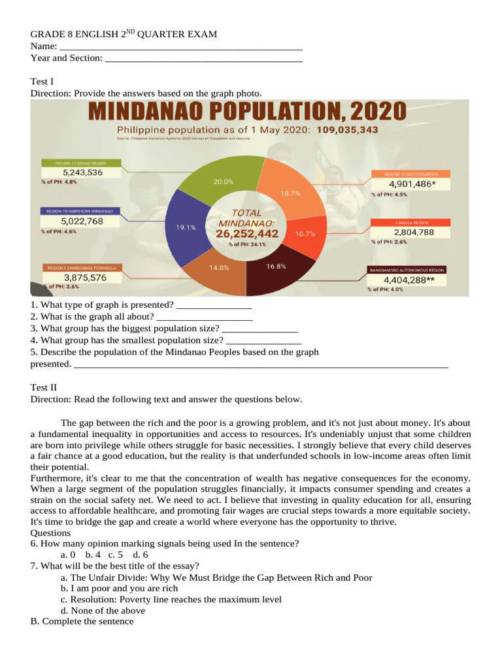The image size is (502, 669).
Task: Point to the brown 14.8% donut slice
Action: (x=220, y=271)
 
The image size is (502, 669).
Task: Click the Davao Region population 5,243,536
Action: (x=83, y=172)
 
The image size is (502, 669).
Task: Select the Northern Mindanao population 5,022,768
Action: (x=83, y=221)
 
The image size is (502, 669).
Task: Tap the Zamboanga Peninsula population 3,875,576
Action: (x=83, y=277)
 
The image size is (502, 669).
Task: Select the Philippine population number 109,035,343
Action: (x=347, y=129)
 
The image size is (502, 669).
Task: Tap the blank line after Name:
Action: (x=180, y=47)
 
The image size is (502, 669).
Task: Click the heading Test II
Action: (x=44, y=387)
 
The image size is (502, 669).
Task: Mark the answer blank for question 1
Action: (x=214, y=305)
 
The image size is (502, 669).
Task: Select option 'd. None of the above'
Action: (x=103, y=610)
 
